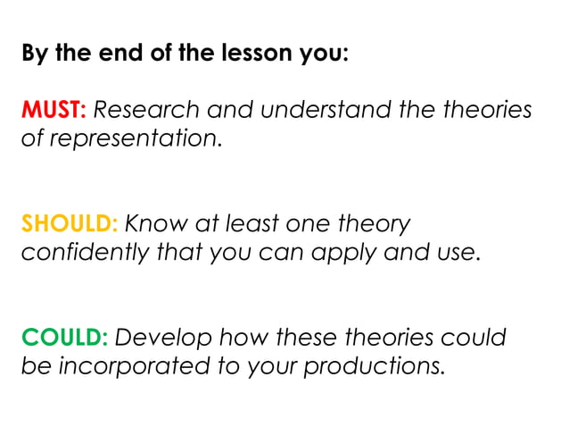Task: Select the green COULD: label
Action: tap(63, 338)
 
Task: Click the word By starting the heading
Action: tap(35, 53)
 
